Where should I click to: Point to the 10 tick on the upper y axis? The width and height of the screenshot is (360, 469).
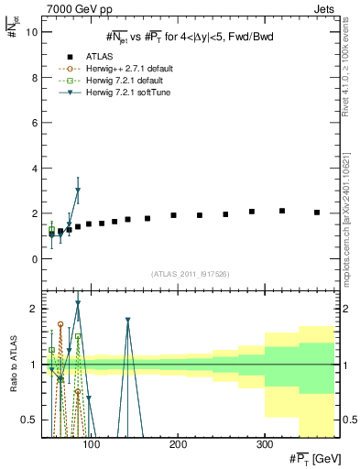click(33, 32)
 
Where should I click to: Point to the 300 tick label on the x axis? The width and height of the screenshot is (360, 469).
click(264, 444)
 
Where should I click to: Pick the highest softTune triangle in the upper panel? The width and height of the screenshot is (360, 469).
click(78, 191)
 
